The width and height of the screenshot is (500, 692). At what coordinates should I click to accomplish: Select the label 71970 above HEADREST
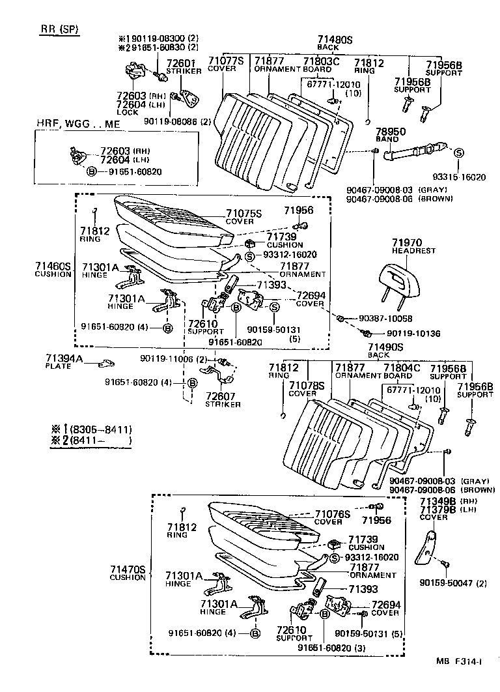[407, 242]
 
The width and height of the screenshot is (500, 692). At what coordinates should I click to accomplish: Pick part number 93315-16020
[459, 177]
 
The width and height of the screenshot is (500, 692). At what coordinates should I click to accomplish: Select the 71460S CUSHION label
[53, 270]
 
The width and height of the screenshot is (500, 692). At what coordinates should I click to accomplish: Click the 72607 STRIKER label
[223, 399]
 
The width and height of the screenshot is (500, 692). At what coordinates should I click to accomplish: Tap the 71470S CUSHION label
[127, 573]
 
